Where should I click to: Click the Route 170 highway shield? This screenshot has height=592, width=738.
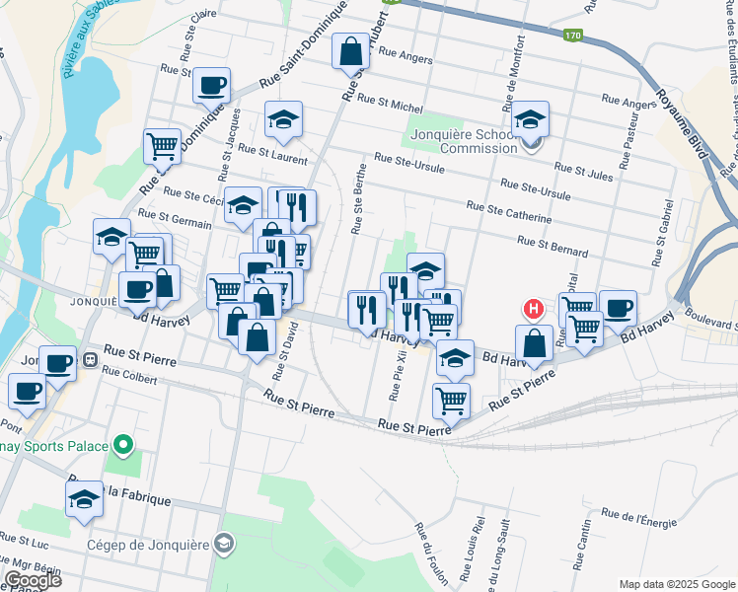tap(573, 37)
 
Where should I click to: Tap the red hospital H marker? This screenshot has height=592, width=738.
tap(534, 309)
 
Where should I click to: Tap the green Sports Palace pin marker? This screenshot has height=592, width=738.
tap(123, 447)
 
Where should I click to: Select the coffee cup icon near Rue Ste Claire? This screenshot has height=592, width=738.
tap(211, 86)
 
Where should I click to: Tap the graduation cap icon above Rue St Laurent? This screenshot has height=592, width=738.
tap(283, 119)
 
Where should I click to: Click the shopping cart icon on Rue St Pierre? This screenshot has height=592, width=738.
tap(451, 400)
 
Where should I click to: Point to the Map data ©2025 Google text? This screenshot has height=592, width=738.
tap(676, 584)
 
